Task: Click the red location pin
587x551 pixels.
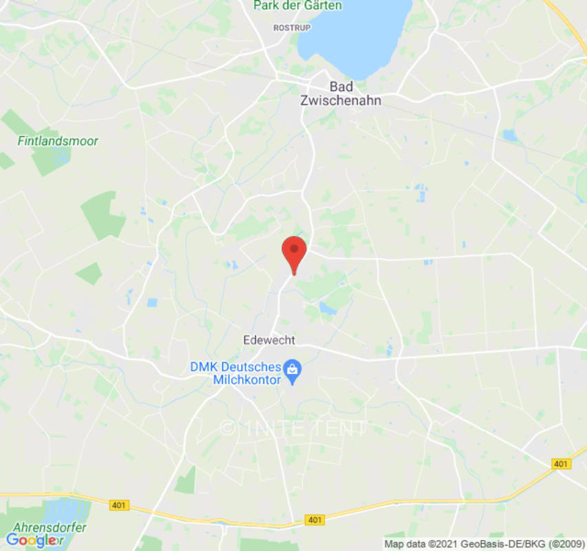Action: [295, 252]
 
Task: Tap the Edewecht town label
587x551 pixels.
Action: [269, 340]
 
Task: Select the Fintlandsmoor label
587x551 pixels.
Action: [58, 141]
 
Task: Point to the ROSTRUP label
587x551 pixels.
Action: [292, 28]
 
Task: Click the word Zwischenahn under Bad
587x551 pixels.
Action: [341, 100]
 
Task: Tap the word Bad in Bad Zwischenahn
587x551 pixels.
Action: [342, 86]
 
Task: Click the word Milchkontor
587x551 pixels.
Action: [247, 380]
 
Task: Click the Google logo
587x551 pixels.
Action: [32, 541]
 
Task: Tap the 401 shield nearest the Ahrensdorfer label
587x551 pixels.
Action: [118, 506]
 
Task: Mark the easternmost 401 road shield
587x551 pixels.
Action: [561, 464]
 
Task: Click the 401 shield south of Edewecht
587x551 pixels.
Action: [314, 520]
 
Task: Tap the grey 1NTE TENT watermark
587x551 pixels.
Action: [294, 428]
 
